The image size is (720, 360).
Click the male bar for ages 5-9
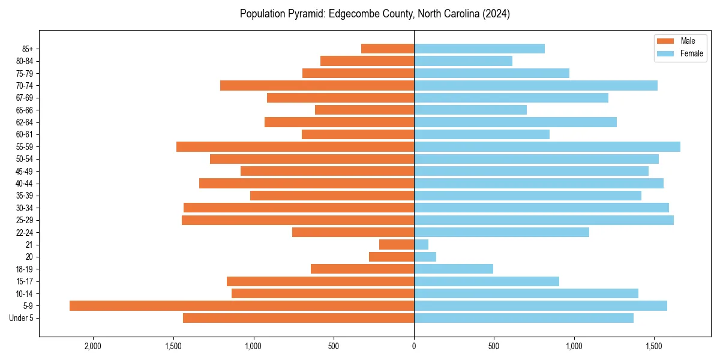pyautogui.click(x=242, y=305)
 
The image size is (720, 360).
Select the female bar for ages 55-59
pyautogui.click(x=547, y=146)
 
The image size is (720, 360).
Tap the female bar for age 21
pyautogui.click(x=421, y=244)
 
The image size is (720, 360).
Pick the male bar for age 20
pyautogui.click(x=391, y=257)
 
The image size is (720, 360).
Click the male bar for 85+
pyautogui.click(x=388, y=49)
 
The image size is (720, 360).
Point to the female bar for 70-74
pyautogui.click(x=536, y=85)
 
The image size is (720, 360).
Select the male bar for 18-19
pyautogui.click(x=362, y=269)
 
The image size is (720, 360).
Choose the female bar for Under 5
pyautogui.click(x=524, y=318)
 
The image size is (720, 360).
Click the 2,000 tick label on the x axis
pyautogui.click(x=92, y=346)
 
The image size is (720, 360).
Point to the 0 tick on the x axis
pyautogui.click(x=414, y=346)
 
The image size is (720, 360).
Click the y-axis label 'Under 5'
pyautogui.click(x=22, y=318)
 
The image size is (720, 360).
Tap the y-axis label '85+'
pyautogui.click(x=28, y=49)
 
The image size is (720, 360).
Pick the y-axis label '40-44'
pyautogui.click(x=25, y=184)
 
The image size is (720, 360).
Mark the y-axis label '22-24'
pyautogui.click(x=25, y=232)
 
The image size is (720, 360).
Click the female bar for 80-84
pyautogui.click(x=463, y=61)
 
